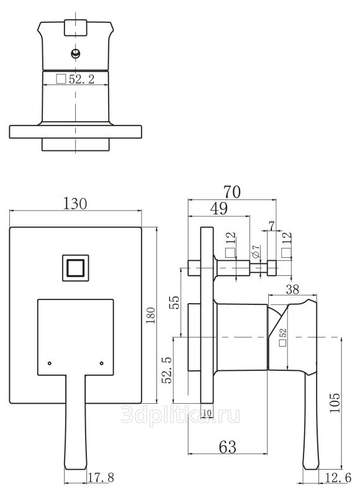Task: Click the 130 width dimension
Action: coord(75,204)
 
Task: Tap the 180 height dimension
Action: coord(151,316)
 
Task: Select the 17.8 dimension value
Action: coord(101,477)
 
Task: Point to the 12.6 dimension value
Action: coord(338,477)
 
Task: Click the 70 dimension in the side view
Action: coord(232,192)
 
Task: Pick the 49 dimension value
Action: coord(219,209)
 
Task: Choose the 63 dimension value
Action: coord(228,447)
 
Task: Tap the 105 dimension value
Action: coord(335,403)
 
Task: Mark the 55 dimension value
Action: coord(174,303)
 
